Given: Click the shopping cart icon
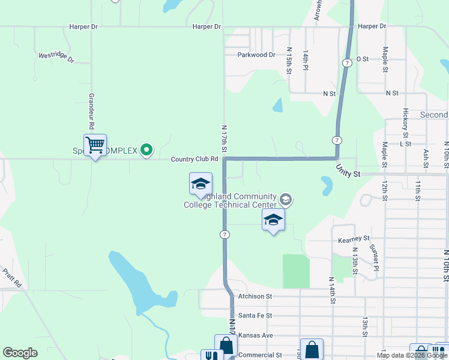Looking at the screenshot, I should tap(95, 145).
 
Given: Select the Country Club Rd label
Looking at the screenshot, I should tap(194, 159).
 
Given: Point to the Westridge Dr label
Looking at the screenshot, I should tap(56, 58).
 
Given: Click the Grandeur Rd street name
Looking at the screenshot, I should tap(92, 112).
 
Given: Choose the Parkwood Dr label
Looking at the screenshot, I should tap(256, 55).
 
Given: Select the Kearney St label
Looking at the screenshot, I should tap(353, 239).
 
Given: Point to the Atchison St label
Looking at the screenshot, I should tap(255, 296).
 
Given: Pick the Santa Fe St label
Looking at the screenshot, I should tap(255, 315).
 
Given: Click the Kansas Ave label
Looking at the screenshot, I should tap(256, 335).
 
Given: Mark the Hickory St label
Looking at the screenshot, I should tap(406, 120).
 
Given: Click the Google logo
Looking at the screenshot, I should tap(20, 353).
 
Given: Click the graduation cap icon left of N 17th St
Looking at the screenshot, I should tap(200, 184).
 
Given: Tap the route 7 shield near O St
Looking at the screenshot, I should tap(347, 63).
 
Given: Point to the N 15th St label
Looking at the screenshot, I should tap(289, 61).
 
